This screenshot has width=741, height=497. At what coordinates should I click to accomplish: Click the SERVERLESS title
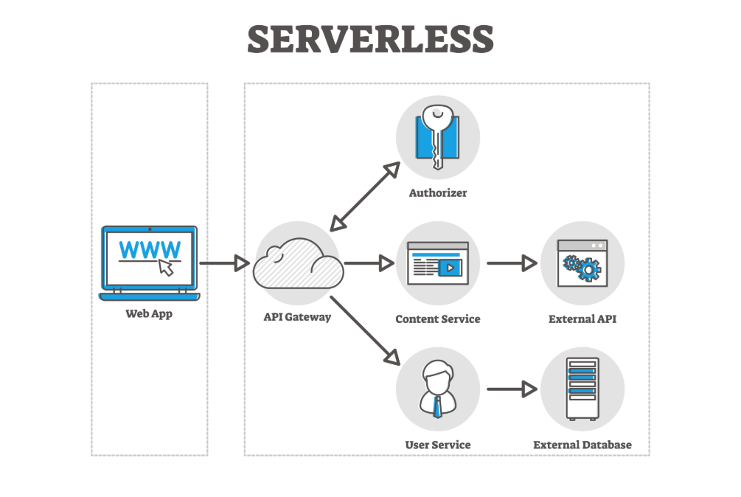pyautogui.click(x=370, y=38)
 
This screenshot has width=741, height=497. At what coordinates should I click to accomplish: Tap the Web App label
pyautogui.click(x=148, y=313)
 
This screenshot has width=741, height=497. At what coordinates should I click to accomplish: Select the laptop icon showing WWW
pyautogui.click(x=149, y=263)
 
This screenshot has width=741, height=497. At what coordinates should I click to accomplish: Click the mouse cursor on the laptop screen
pyautogui.click(x=167, y=267)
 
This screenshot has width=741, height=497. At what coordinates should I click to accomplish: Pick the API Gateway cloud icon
pyautogui.click(x=297, y=264)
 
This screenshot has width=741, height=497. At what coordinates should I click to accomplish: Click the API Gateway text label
pyautogui.click(x=297, y=318)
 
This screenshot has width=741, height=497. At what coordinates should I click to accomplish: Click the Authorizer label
pyautogui.click(x=438, y=193)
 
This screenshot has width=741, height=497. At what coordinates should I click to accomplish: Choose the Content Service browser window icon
pyautogui.click(x=437, y=263)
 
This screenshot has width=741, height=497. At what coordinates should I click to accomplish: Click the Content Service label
pyautogui.click(x=437, y=319)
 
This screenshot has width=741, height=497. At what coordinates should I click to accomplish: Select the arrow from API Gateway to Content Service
pyautogui.click(x=369, y=263)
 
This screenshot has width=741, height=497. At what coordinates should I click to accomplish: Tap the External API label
pyautogui.click(x=582, y=319)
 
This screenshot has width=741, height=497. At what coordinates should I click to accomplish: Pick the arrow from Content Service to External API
pyautogui.click(x=512, y=263)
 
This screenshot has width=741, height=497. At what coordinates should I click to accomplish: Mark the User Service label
pyautogui.click(x=437, y=445)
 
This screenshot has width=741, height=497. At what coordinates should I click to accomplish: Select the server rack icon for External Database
pyautogui.click(x=582, y=389)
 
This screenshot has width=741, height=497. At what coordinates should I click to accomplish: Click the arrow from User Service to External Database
pyautogui.click(x=512, y=389)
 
